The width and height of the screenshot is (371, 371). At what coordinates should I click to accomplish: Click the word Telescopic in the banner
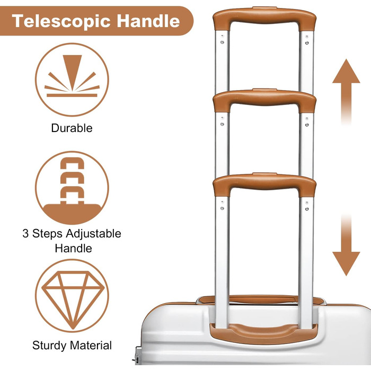point(61,21)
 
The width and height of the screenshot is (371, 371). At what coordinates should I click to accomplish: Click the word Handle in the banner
point(148,21)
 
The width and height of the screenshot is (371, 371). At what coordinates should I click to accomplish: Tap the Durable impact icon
point(72,79)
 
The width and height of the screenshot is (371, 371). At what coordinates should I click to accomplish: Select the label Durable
point(72,128)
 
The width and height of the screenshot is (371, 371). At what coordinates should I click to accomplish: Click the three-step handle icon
point(72,188)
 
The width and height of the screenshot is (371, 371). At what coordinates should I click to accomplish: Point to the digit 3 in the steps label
point(25,233)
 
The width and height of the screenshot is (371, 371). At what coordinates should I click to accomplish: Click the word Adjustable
point(93,234)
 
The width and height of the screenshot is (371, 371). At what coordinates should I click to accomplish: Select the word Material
point(91,345)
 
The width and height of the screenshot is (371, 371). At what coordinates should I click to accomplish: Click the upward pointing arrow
point(346,92)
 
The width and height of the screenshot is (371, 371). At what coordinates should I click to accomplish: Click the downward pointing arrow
point(346,245)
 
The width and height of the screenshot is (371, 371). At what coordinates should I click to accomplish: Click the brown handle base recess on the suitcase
point(263,333)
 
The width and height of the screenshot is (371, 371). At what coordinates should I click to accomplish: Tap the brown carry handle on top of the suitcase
point(261,299)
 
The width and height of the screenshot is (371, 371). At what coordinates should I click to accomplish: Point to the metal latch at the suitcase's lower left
point(137,356)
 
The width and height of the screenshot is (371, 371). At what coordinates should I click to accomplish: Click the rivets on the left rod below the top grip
point(222,40)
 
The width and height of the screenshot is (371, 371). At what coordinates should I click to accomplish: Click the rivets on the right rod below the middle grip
point(307,121)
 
